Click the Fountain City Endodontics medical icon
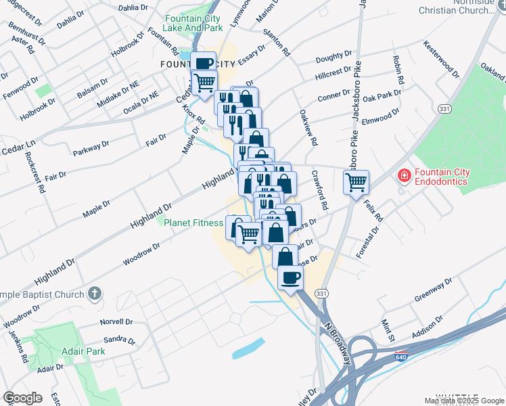pos(404,177)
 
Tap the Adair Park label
pos(82,352)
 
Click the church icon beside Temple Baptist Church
pos(95,294)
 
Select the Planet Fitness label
pos(193,223)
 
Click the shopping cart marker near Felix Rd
pos(356,181)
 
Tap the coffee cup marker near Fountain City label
pos(204,63)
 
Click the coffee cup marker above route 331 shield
pos(291,277)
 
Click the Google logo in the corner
pos(22,398)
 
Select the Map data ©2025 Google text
pos(463,401)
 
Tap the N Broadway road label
pos(340,344)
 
